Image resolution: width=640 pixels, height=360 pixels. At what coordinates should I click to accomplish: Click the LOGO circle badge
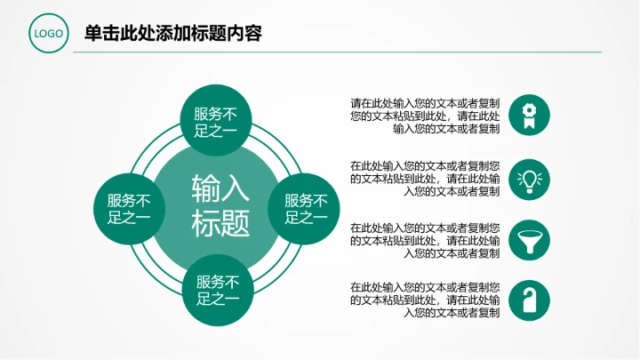(50, 35)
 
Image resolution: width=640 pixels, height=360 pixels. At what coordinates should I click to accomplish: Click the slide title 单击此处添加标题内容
(172, 34)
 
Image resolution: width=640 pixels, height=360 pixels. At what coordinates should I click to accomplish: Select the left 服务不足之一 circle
(130, 208)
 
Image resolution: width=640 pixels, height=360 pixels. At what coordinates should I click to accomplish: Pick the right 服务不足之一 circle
(306, 208)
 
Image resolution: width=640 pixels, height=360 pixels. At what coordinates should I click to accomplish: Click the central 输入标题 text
(220, 205)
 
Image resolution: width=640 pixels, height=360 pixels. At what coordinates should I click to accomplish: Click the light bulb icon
(529, 178)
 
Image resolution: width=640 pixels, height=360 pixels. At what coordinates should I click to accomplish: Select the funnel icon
(529, 240)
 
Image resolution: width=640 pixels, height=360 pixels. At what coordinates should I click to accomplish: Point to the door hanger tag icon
(529, 300)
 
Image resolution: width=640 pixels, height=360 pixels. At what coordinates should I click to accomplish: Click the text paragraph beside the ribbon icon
(424, 116)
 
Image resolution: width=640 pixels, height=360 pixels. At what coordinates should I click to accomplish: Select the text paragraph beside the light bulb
(424, 178)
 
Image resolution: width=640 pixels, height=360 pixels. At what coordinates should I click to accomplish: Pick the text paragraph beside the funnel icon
(424, 240)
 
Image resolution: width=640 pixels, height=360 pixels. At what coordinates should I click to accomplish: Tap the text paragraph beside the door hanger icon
(424, 300)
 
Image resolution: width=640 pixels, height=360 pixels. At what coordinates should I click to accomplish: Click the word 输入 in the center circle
(220, 188)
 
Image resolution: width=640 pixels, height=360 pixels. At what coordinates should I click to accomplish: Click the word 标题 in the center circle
(220, 223)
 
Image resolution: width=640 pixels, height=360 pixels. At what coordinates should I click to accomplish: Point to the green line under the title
(338, 52)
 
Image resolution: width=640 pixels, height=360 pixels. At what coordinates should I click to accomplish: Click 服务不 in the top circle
(216, 113)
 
